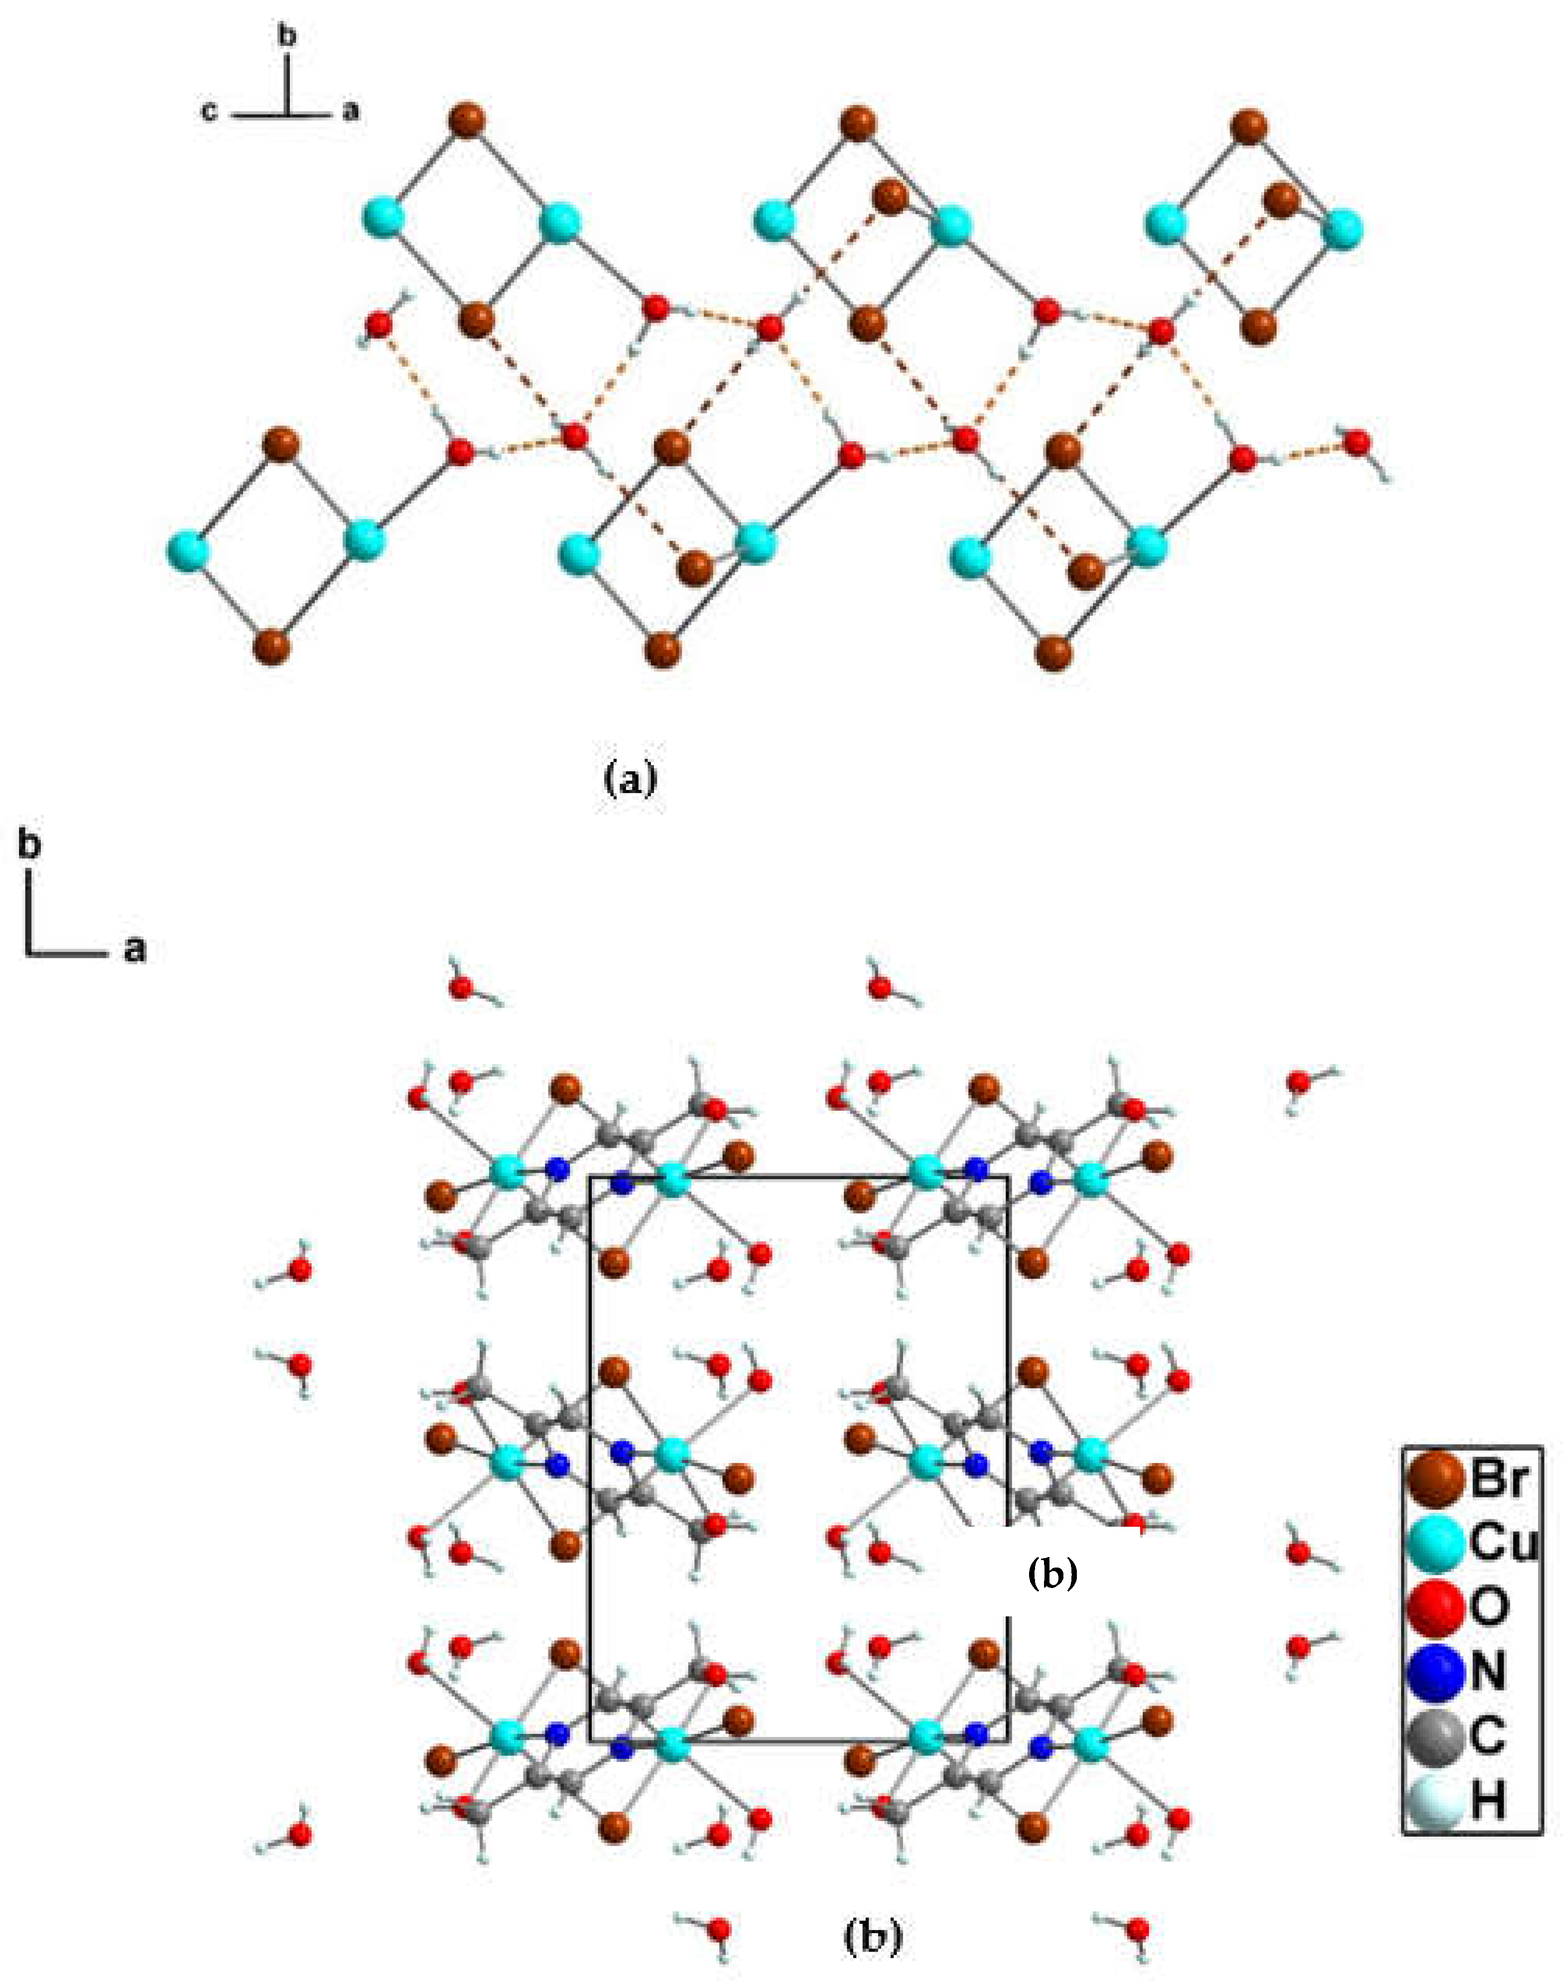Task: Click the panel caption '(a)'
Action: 631,779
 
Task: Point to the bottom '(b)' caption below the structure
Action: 871,1936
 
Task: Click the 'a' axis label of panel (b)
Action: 134,950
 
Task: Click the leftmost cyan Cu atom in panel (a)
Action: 188,552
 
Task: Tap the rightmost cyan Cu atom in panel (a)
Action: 1342,228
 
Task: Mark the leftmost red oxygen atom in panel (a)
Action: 378,323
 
